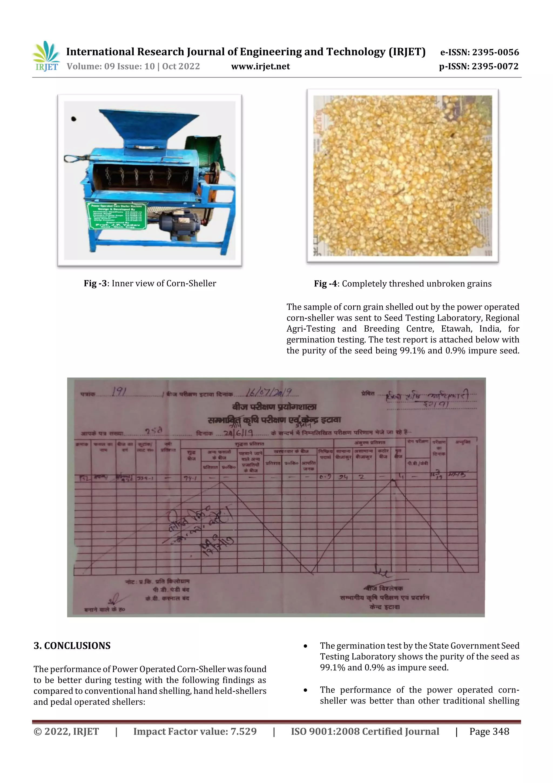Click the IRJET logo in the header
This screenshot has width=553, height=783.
[x=46, y=56]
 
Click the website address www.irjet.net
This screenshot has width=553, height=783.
[x=260, y=66]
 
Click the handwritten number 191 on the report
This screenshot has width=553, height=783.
[x=119, y=392]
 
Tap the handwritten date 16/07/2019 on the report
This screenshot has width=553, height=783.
[x=268, y=392]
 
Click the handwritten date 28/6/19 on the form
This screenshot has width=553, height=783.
[x=238, y=433]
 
